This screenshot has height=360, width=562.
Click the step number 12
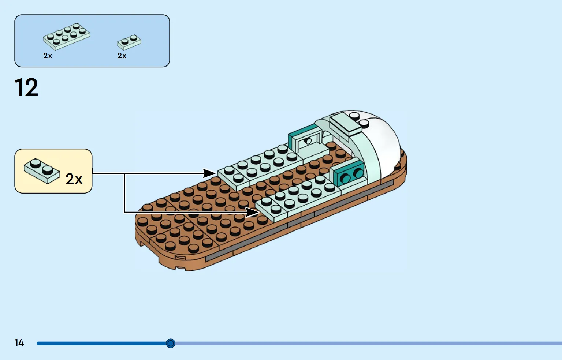(x=26, y=87)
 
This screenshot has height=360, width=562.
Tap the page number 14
(x=19, y=342)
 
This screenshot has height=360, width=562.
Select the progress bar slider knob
(x=171, y=343)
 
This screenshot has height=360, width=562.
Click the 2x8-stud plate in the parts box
(x=67, y=37)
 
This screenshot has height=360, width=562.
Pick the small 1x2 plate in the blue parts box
(x=129, y=42)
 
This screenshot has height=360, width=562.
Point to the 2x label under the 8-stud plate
(x=48, y=56)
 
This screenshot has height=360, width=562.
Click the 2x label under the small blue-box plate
(x=122, y=56)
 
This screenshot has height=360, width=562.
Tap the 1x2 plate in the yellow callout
(x=42, y=171)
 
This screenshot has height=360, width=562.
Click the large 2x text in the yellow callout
(x=74, y=179)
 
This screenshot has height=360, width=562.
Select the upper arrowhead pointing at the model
(x=209, y=173)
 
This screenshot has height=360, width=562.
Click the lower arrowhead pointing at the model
(x=252, y=212)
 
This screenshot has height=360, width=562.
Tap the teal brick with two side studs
(x=347, y=173)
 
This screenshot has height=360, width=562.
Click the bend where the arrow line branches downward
(x=124, y=173)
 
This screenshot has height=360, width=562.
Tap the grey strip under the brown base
(x=298, y=221)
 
